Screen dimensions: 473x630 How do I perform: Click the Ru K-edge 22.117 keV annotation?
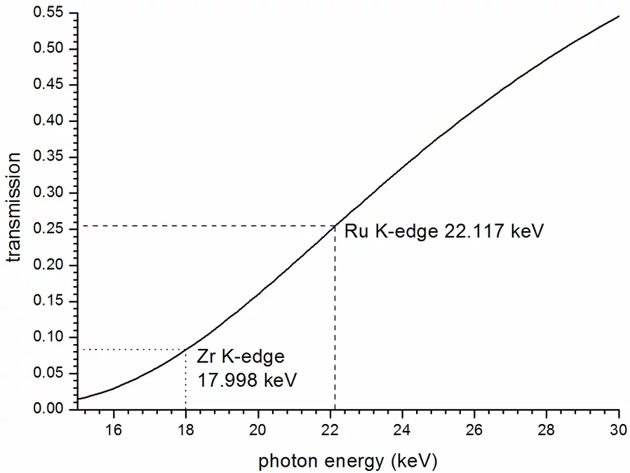click(x=443, y=231)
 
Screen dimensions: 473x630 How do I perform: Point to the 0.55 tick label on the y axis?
click(x=48, y=13)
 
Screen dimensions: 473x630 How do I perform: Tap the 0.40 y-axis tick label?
click(x=48, y=121)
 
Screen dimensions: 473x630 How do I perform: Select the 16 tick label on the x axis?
click(x=113, y=429)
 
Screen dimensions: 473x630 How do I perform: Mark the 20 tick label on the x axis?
click(x=257, y=429)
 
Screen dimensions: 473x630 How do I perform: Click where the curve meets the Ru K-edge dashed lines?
click(x=335, y=226)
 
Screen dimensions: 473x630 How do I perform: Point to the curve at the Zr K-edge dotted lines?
click(x=185, y=349)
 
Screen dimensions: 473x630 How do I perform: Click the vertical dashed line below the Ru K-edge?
click(x=335, y=315)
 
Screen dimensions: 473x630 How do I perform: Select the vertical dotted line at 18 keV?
click(x=185, y=382)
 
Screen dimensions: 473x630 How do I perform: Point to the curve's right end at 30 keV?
click(x=619, y=15)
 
